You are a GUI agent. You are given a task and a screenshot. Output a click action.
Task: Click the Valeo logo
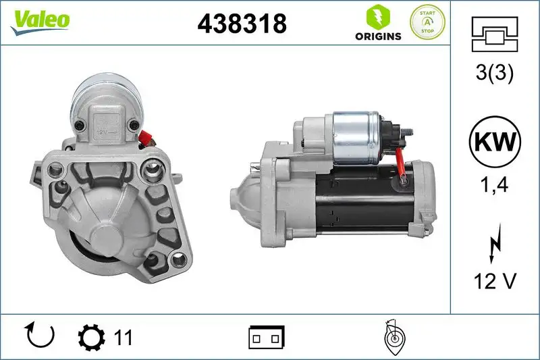39,20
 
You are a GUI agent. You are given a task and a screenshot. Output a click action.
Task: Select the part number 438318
242,24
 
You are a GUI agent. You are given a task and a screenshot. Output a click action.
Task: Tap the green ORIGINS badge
378,23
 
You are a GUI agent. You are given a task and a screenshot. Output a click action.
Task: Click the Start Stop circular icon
428,22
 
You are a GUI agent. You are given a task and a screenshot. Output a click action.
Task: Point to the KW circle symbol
495,142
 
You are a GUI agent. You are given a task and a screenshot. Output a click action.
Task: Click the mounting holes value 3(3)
495,74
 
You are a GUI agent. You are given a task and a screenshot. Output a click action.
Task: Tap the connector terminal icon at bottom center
267,336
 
